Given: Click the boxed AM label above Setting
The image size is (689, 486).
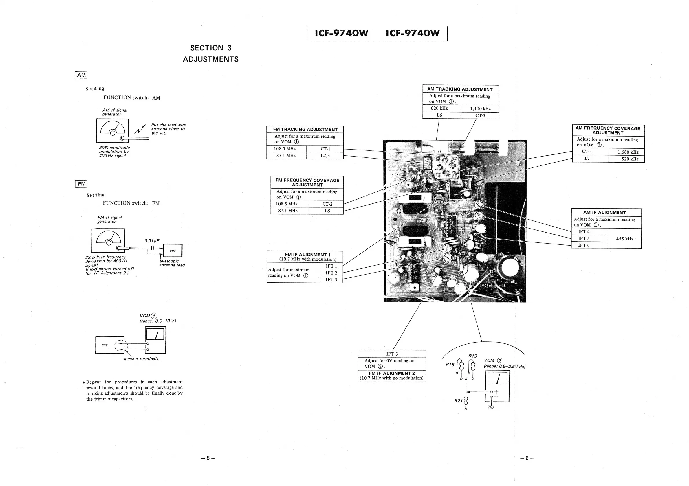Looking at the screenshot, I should point(81,75).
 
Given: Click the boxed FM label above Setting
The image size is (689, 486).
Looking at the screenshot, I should point(81,184).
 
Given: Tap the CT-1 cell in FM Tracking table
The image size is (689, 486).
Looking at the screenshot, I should point(325,149).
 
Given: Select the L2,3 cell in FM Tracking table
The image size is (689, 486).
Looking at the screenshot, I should point(325,156).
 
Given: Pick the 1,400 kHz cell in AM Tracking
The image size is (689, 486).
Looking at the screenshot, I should point(480,108).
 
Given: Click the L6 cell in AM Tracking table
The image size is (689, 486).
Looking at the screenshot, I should point(439,115).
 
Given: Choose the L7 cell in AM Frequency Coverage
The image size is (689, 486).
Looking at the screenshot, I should point(587,158).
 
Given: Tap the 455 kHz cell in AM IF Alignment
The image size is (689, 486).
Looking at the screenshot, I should point(624,239).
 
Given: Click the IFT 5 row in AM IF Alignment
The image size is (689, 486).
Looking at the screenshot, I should point(584,239).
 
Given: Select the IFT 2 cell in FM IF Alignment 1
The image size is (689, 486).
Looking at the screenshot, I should point(331,273).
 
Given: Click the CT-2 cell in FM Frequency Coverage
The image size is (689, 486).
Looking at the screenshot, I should point(327,204).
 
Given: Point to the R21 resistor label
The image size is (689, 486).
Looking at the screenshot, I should point(458,401).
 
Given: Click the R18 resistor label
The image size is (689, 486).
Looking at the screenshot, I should point(450,365).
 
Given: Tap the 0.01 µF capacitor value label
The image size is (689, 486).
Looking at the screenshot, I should point(152,241).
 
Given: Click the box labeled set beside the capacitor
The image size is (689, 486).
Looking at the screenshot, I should point(173,251).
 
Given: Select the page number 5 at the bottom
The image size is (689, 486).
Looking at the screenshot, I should point(208,458).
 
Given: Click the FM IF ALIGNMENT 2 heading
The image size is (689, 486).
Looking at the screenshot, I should point(392,373).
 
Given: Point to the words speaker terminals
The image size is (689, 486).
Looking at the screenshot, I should point(141,359).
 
